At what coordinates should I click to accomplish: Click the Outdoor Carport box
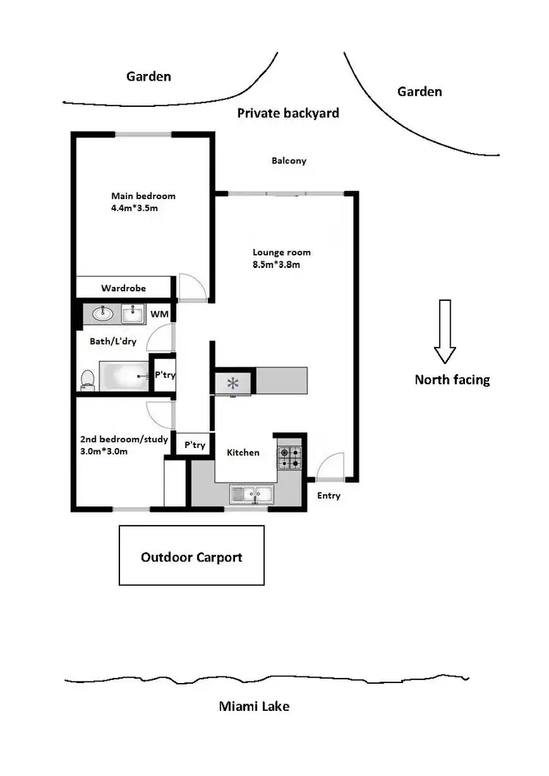tap(191, 556)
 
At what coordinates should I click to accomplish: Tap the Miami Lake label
tap(254, 706)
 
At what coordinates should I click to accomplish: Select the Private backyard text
tap(288, 113)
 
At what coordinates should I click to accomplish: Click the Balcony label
tap(288, 161)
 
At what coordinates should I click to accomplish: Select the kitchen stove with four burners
tap(288, 458)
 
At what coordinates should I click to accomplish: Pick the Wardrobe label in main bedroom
tap(122, 288)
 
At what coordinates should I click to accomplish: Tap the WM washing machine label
tap(159, 315)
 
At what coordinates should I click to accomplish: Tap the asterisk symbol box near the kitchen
tap(234, 382)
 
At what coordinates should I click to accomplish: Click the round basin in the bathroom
tap(103, 315)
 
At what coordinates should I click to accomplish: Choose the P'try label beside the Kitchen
tap(195, 444)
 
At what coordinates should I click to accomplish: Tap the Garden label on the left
tap(149, 76)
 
